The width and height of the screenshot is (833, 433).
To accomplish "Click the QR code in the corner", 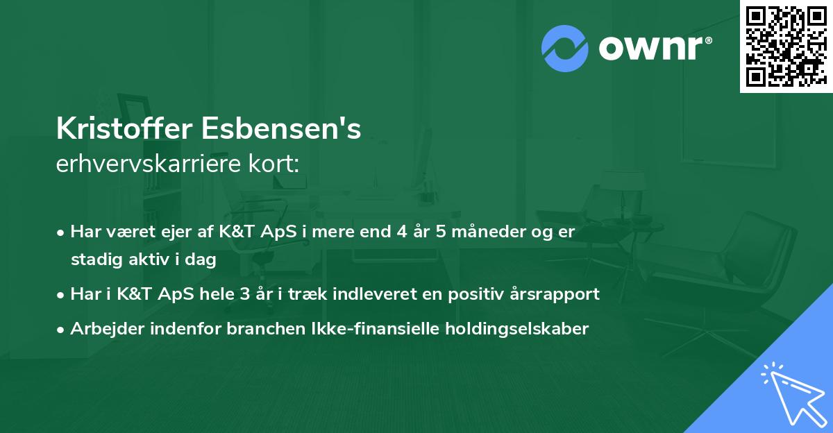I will coord(786,46).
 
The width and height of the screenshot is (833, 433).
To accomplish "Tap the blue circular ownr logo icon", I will coord(564,47).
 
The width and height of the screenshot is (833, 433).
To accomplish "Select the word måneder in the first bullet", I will coord(485,232).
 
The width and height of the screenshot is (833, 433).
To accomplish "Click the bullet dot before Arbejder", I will coord(62,329).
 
